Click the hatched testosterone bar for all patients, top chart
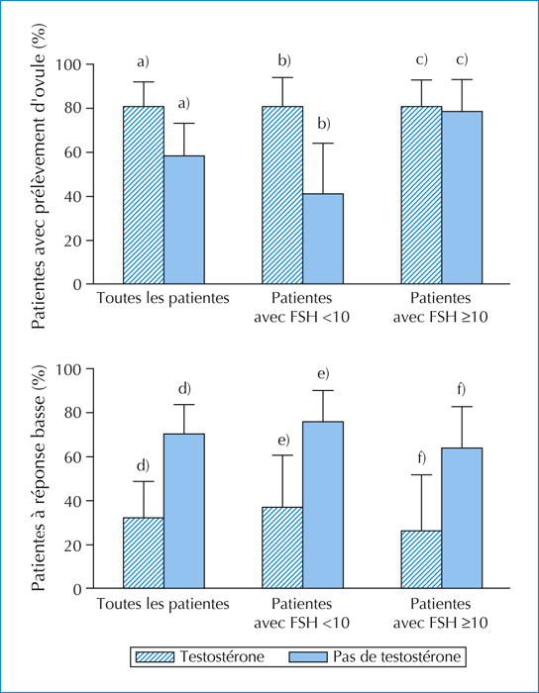point(144,195)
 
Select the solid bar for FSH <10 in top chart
point(323,239)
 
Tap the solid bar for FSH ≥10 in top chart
point(462,198)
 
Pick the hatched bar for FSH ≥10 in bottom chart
point(421,559)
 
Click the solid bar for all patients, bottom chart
point(184,511)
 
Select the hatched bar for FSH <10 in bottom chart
point(282,547)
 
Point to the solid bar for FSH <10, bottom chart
point(323,505)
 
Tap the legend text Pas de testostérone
point(396,656)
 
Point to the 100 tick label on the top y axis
point(67,64)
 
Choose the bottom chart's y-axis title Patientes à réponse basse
point(39,478)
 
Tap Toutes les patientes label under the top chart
point(163,298)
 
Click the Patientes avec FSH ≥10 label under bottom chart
point(440,613)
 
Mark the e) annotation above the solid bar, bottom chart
point(323,374)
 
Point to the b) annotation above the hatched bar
point(284,61)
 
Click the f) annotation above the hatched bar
point(421,458)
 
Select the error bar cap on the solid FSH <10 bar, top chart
point(323,144)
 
